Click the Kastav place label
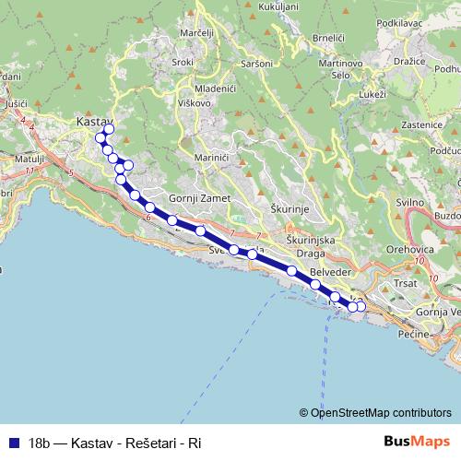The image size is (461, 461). pos(93,121)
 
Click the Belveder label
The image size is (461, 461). pos(331,274)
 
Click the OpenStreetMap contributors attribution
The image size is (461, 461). pos(375,412)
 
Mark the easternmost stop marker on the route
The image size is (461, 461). pos(361,306)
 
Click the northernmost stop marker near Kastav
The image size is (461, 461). pos(109,129)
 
